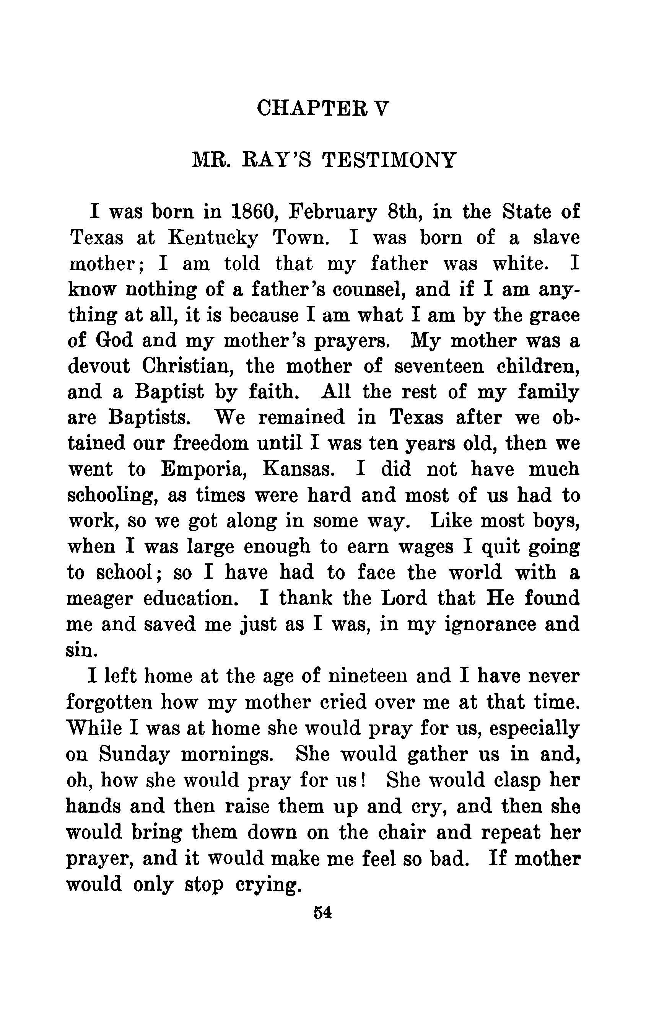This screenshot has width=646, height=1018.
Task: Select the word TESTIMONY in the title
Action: pos(389,160)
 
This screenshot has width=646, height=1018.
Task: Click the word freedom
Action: pos(210,444)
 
